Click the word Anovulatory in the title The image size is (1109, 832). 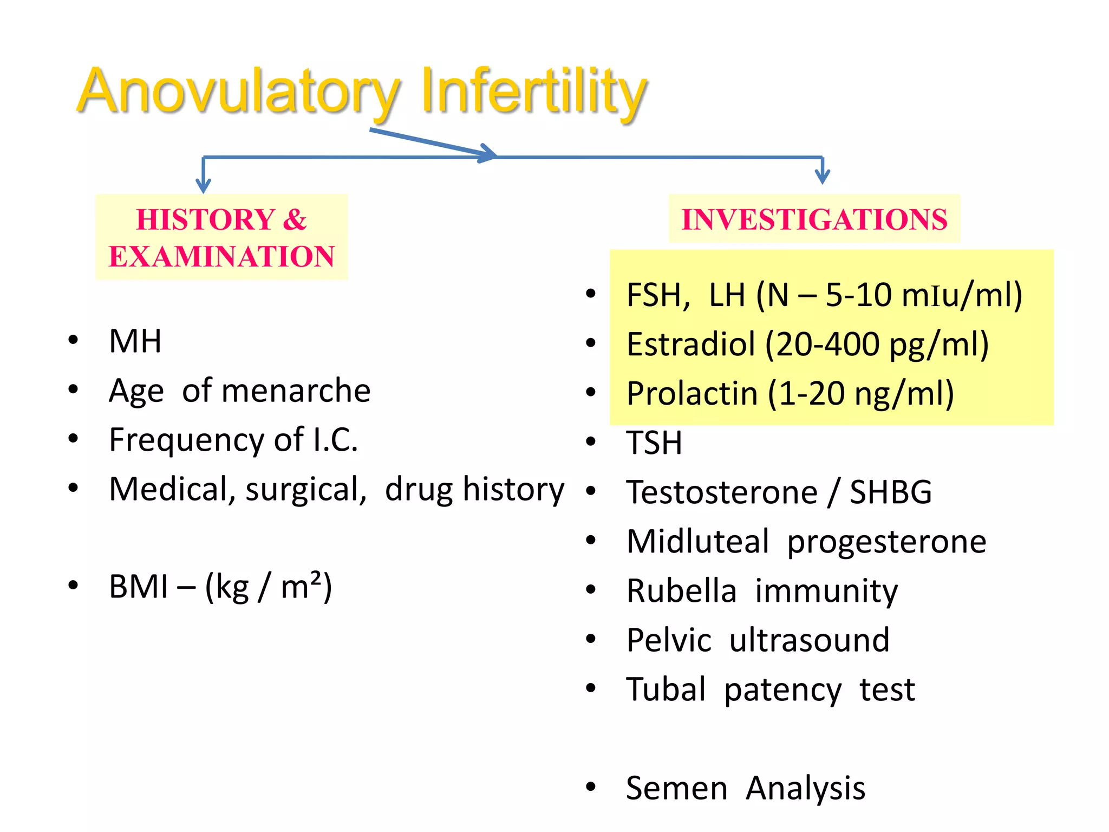[238, 92]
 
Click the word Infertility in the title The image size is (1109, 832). [533, 92]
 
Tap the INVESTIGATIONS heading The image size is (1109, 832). [814, 219]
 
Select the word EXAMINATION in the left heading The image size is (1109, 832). [221, 256]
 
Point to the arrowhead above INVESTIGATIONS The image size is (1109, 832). [822, 177]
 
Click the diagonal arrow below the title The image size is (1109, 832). [433, 144]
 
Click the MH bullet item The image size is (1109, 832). [135, 341]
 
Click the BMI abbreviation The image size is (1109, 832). [138, 587]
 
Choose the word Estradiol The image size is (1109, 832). [690, 344]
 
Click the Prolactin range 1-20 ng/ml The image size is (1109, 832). [861, 394]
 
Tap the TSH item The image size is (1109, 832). [654, 443]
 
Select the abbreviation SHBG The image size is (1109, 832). [890, 492]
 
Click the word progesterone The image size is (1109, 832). [886, 542]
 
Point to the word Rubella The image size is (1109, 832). [681, 591]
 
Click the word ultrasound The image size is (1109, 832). [809, 640]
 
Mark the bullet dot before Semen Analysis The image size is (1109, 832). [591, 787]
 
